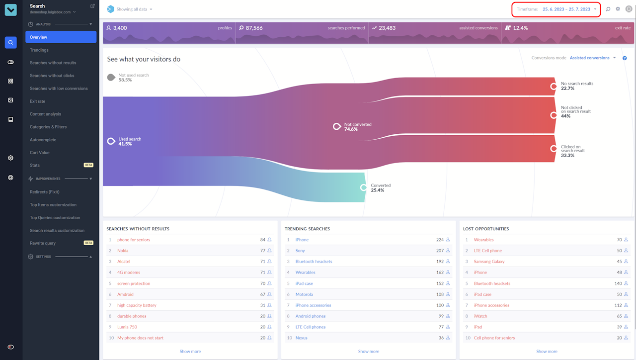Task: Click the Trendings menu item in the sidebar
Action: tap(39, 50)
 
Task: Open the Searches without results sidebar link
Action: tap(53, 63)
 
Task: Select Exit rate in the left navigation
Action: tap(37, 101)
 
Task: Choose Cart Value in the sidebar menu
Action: tap(40, 153)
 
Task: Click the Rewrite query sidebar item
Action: tap(43, 243)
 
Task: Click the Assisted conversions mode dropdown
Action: tap(592, 58)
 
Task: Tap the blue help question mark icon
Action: tap(625, 58)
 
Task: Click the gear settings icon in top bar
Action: tap(618, 9)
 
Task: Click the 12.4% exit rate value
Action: tap(520, 28)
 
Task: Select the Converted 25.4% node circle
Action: tap(364, 187)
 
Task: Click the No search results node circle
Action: tap(554, 86)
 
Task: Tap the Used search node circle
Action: tap(111, 141)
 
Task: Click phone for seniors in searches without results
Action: tap(134, 240)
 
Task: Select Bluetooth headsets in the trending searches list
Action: tap(314, 262)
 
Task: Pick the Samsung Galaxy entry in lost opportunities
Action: tap(489, 262)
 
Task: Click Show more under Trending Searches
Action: tap(369, 352)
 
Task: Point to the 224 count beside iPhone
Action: tap(440, 240)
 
